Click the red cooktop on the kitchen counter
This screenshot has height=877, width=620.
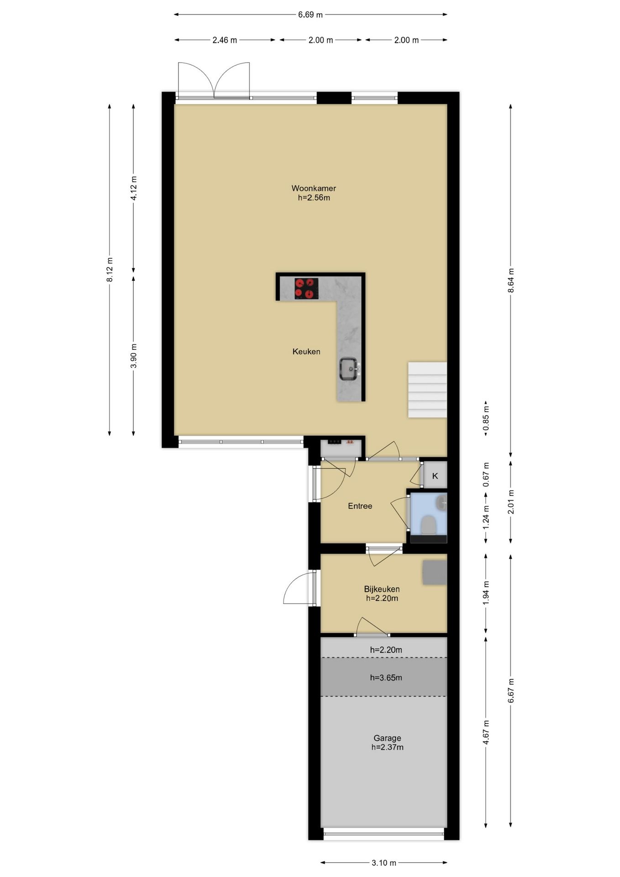point(306,289)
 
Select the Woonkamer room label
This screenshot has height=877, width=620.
point(314,188)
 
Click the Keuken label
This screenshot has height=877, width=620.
point(306,351)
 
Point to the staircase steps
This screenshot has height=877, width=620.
point(427,390)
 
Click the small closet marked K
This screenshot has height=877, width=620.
point(435,476)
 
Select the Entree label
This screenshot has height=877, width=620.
point(360,506)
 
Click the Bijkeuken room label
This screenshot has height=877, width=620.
point(382,589)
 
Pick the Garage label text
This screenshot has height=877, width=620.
point(387,738)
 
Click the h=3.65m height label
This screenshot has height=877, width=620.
point(386,677)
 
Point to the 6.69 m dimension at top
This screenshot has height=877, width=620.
point(310,15)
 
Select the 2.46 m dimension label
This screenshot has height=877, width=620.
point(225,40)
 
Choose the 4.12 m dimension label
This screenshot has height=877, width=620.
point(134,188)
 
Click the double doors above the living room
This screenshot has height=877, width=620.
point(214,80)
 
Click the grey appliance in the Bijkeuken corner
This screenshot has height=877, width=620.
point(434,572)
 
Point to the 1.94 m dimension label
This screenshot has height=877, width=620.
point(486,593)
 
